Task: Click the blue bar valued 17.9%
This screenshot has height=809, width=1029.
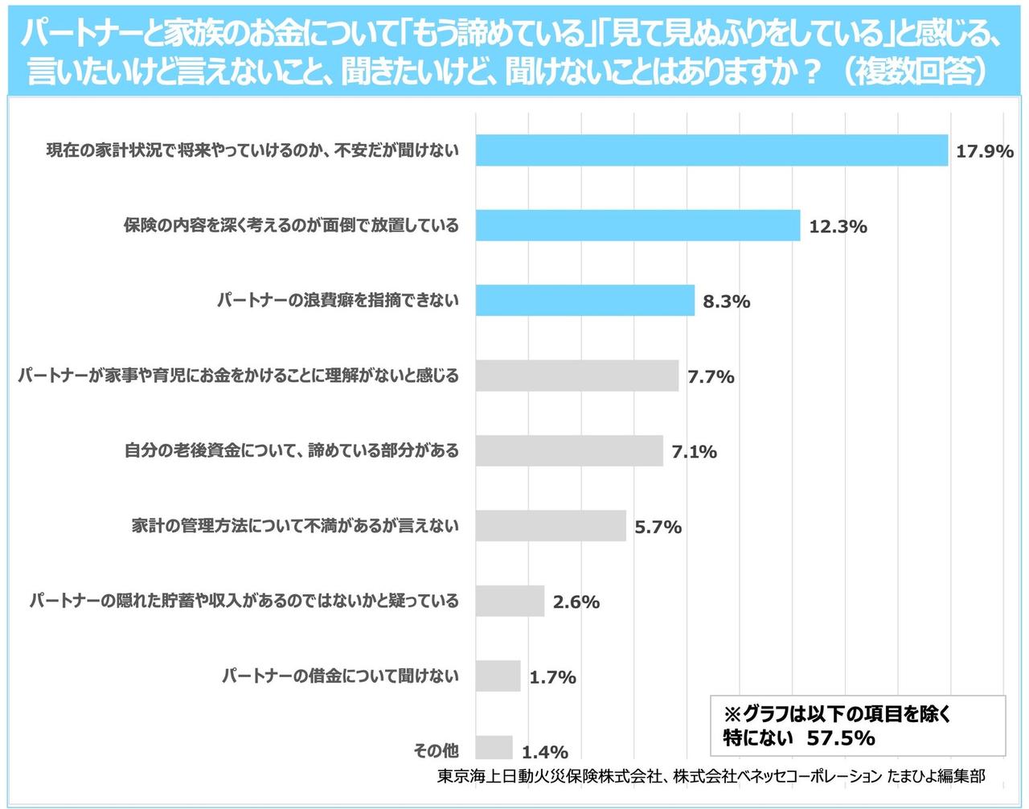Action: [x=711, y=150]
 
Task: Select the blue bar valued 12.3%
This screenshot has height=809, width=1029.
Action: [x=637, y=225]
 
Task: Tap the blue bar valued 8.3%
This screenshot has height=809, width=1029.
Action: [x=584, y=300]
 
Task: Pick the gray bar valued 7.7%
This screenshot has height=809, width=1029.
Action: [x=576, y=376]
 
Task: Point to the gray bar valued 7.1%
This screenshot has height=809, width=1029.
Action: [x=568, y=450]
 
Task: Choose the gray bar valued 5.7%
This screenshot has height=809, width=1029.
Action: [x=550, y=525]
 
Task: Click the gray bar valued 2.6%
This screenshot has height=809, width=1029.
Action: [x=509, y=601]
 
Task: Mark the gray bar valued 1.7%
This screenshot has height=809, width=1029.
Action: [x=498, y=676]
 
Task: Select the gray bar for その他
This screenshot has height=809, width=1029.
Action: [x=494, y=747]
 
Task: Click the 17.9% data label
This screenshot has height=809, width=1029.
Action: [x=984, y=151]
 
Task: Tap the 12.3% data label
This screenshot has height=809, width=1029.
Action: [x=838, y=227]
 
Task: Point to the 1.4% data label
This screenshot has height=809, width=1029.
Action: [x=544, y=752]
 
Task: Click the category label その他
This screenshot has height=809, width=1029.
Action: [x=436, y=750]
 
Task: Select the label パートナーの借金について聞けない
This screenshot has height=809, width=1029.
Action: [x=340, y=676]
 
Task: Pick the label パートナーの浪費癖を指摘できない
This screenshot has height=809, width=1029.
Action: [x=338, y=300]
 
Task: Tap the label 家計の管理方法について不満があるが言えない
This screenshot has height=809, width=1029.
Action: [x=295, y=525]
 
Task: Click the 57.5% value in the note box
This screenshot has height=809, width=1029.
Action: [x=841, y=737]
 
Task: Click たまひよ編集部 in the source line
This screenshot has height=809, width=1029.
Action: [x=936, y=776]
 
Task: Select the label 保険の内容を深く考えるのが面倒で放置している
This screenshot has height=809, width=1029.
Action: [x=291, y=225]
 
